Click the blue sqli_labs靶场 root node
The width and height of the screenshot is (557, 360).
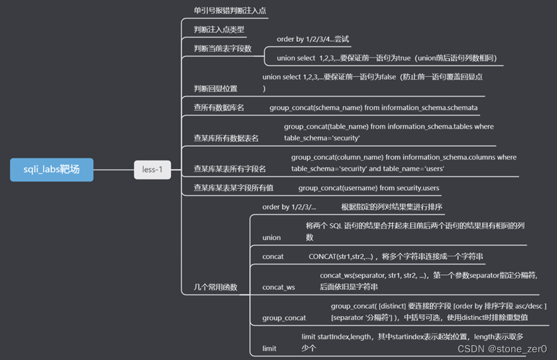(52, 170)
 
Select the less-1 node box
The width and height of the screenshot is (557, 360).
(153, 170)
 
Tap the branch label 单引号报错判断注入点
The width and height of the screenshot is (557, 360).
(230, 11)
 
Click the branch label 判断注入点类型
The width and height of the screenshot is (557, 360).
(219, 30)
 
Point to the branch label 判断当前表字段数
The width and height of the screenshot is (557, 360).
(223, 49)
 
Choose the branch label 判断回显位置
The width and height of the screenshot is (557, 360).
(216, 88)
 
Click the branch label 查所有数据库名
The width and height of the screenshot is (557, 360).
(219, 108)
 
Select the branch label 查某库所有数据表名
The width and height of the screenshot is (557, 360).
(226, 138)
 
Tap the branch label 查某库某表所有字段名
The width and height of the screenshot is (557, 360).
(230, 169)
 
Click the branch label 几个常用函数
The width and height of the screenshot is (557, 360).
(216, 287)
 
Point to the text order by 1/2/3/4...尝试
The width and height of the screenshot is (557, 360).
(312, 39)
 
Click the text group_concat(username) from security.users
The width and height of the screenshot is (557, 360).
(368, 188)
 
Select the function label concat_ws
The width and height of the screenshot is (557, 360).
(279, 287)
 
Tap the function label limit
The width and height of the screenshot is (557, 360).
(269, 348)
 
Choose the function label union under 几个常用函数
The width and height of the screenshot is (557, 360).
(272, 238)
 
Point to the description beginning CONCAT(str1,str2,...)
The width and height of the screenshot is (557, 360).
(395, 256)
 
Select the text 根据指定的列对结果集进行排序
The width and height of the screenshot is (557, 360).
(392, 207)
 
